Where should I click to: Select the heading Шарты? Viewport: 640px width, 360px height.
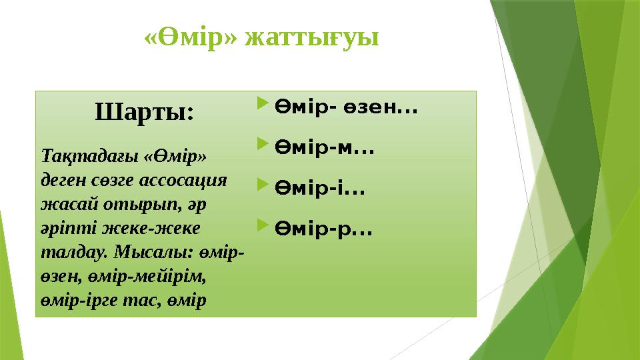(145, 111)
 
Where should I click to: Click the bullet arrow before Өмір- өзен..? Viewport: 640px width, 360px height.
(261, 104)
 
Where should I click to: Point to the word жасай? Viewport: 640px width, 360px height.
(63, 204)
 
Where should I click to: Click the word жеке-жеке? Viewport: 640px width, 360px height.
(155, 228)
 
